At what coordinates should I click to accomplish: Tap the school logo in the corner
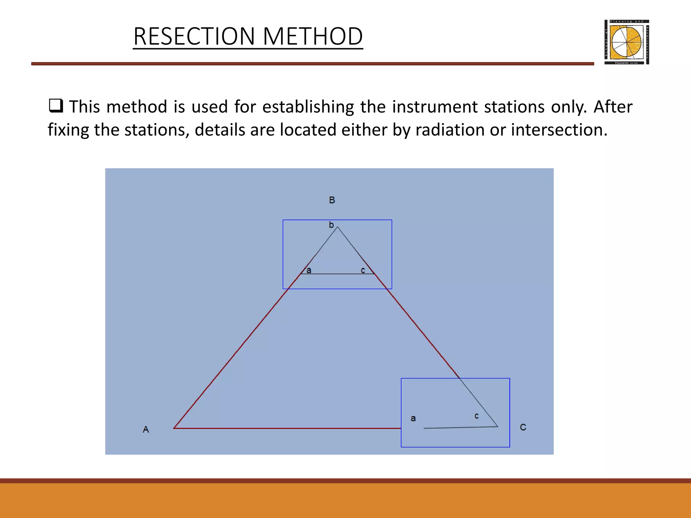pyautogui.click(x=627, y=42)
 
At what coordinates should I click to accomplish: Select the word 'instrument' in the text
pyautogui.click(x=435, y=107)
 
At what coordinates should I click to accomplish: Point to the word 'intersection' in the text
pyautogui.click(x=559, y=130)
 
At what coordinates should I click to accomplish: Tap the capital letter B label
pyautogui.click(x=332, y=200)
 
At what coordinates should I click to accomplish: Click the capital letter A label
pyautogui.click(x=146, y=429)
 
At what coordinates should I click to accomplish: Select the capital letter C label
pyautogui.click(x=523, y=427)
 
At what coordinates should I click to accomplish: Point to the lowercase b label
pyautogui.click(x=331, y=225)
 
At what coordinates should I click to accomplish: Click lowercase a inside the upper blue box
pyautogui.click(x=309, y=270)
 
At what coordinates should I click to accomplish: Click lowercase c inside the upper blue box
pyautogui.click(x=363, y=270)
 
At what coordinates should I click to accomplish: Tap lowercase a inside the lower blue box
pyautogui.click(x=413, y=419)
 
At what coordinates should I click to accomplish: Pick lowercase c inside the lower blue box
pyautogui.click(x=476, y=416)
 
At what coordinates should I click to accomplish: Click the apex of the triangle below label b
pyautogui.click(x=337, y=227)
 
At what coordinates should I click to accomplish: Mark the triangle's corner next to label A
pyautogui.click(x=174, y=428)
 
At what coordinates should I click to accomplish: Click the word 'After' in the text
pyautogui.click(x=613, y=107)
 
